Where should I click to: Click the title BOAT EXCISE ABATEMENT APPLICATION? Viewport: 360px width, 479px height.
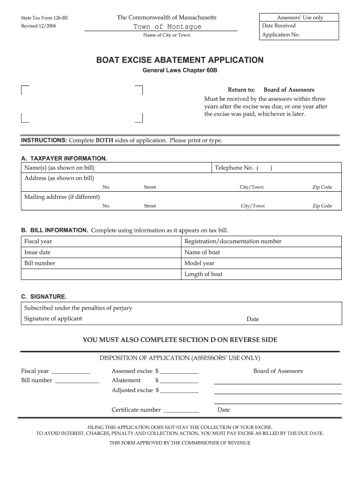(x=180, y=60)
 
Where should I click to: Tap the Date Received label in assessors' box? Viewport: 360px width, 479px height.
(x=279, y=26)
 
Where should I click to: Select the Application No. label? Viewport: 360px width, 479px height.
(x=281, y=35)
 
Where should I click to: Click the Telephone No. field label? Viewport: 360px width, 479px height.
(x=234, y=168)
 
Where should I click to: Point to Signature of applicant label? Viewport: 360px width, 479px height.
(x=53, y=319)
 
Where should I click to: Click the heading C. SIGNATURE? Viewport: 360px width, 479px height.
(x=44, y=297)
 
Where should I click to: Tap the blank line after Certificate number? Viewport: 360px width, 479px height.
(x=182, y=410)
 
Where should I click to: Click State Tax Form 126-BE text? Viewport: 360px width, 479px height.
(x=44, y=18)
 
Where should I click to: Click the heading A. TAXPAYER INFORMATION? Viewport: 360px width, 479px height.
(x=64, y=158)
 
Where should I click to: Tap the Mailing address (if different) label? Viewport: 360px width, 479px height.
(x=62, y=197)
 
